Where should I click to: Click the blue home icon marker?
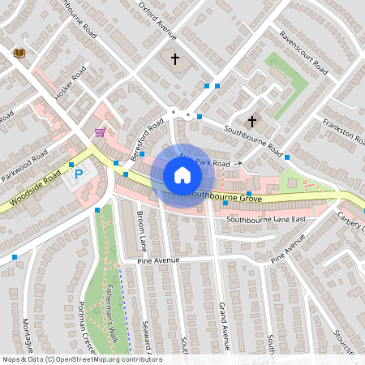click(182, 174)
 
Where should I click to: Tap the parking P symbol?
click(79, 174)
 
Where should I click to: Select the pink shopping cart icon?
click(100, 132)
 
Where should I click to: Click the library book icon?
click(20, 53)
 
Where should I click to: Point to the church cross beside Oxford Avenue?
click(175, 58)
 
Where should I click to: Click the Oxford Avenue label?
click(157, 19)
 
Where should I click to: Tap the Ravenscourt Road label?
click(302, 49)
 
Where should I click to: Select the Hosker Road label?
click(70, 88)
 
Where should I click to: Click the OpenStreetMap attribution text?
click(82, 359)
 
